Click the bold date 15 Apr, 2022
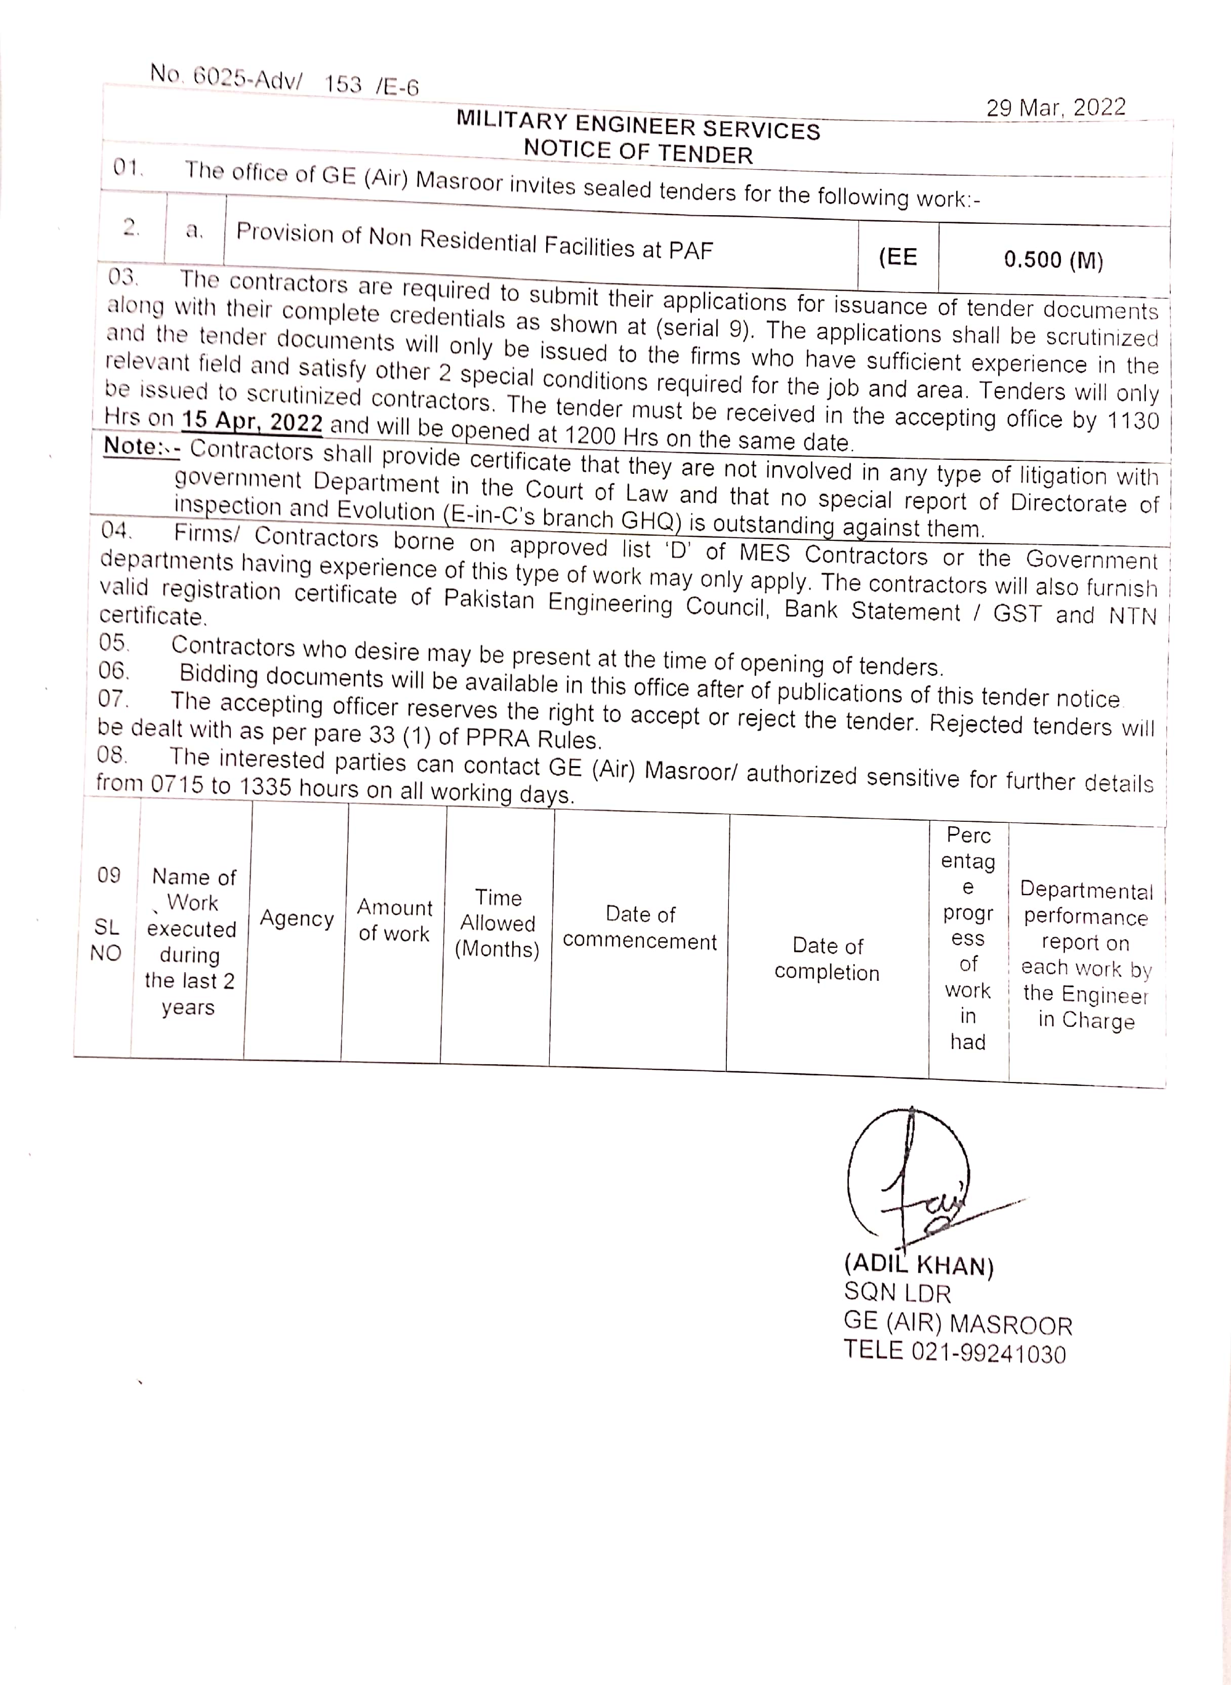pos(252,422)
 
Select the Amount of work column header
pos(394,920)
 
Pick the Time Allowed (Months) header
pos(497,924)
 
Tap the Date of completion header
pos(827,959)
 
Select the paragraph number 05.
pos(113,643)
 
